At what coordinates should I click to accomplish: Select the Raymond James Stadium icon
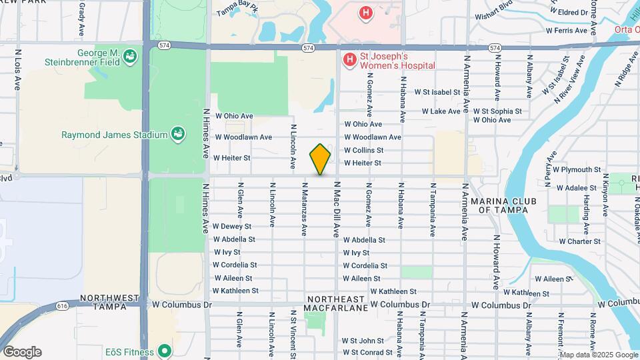coord(177,135)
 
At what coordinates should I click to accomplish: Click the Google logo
coord(21,352)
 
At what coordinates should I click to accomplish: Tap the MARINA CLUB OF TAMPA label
coord(499,205)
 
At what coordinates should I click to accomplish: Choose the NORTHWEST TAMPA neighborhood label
coord(109,303)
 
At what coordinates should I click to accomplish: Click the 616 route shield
coord(63,306)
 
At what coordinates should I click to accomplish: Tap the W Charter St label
coord(579,241)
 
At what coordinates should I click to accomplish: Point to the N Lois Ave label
coord(17,70)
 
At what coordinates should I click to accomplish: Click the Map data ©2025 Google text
coord(598,355)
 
